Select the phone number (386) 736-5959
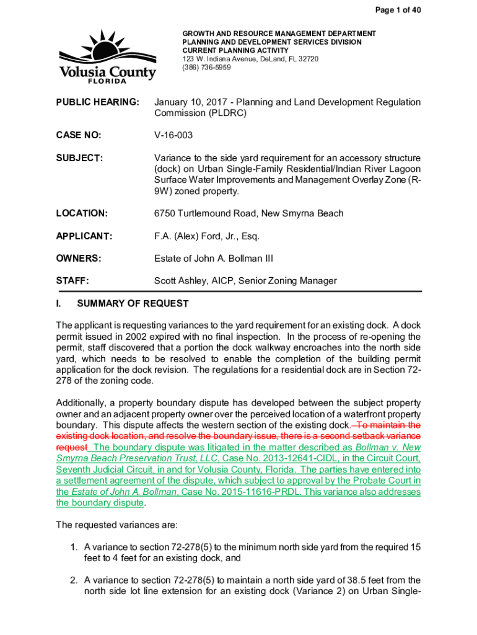click(206, 68)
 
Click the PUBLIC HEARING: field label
click(97, 102)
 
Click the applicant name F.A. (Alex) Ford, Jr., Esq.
click(206, 236)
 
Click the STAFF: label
click(72, 281)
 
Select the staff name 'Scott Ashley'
click(181, 281)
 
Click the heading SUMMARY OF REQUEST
click(133, 304)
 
